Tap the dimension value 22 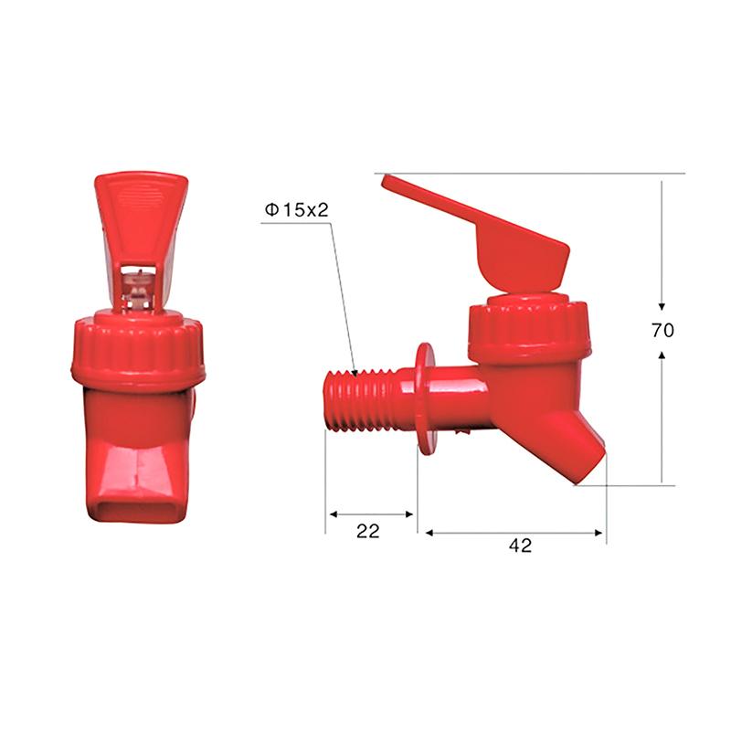(x=368, y=531)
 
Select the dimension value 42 (x=520, y=546)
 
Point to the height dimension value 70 (x=662, y=331)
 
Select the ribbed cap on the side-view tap (x=528, y=329)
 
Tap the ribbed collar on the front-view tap (x=138, y=352)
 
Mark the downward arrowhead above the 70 (x=662, y=308)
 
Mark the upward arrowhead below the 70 (x=662, y=353)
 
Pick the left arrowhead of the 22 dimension (x=331, y=514)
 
